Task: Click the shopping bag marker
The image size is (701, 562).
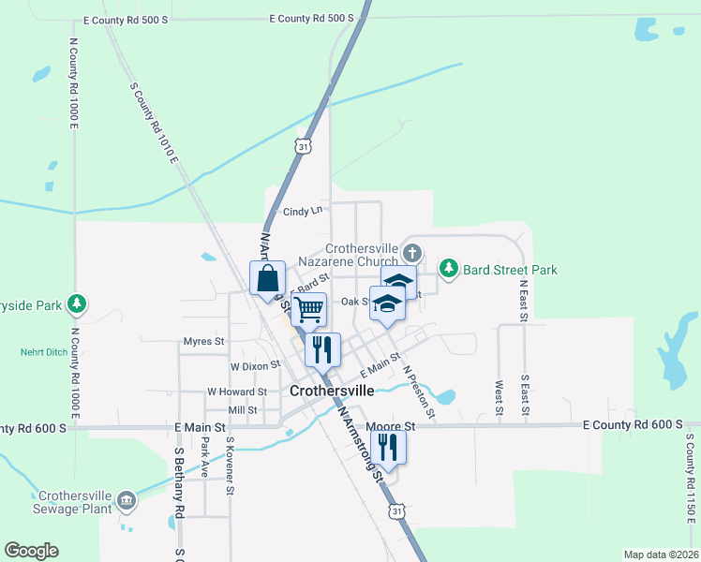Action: (268, 278)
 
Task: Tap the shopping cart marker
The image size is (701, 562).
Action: (308, 307)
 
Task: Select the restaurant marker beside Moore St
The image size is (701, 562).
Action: (388, 448)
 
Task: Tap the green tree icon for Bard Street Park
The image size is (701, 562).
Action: (450, 270)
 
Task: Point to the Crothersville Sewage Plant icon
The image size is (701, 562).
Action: (127, 503)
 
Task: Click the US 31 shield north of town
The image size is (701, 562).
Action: (301, 147)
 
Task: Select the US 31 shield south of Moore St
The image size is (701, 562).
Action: (397, 511)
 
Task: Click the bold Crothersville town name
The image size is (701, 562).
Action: (332, 391)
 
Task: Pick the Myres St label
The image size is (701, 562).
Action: (204, 342)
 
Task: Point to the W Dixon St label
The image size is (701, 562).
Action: (256, 365)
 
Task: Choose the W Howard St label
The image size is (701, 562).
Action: (237, 392)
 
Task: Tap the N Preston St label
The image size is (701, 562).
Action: (418, 391)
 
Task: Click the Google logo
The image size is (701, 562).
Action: (31, 551)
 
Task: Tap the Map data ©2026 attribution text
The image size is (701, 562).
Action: (661, 555)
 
